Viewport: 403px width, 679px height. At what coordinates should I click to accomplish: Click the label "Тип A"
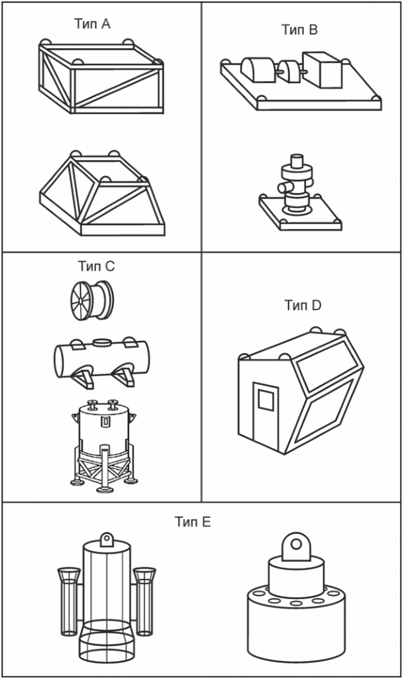(93, 24)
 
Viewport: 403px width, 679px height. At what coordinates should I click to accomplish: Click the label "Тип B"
(300, 29)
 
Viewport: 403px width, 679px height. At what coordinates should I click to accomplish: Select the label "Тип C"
(96, 266)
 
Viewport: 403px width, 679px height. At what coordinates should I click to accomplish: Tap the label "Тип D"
(302, 305)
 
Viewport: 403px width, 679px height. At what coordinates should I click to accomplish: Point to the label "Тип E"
(192, 522)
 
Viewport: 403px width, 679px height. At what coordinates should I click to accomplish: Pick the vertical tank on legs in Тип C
(103, 444)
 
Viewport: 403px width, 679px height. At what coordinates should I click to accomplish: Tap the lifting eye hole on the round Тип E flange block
(296, 544)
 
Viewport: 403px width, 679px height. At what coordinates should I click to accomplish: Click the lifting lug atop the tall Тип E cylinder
(107, 538)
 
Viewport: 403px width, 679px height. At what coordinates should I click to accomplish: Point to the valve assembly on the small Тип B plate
(298, 186)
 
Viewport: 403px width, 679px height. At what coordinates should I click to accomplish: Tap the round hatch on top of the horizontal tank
(103, 341)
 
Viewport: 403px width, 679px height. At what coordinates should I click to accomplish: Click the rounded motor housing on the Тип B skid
(257, 69)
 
